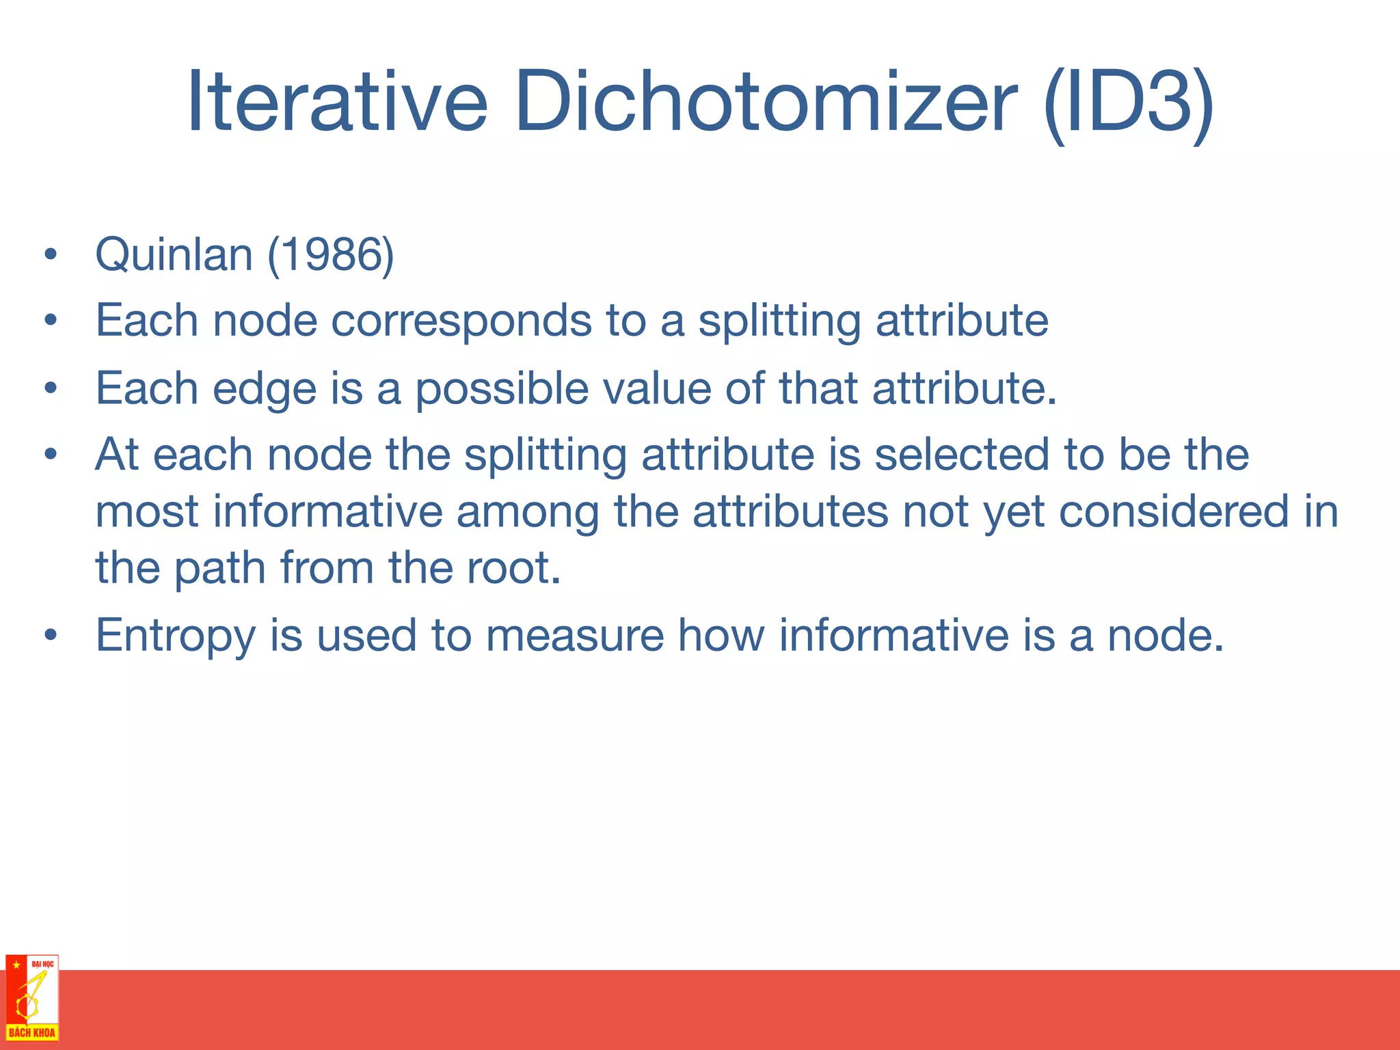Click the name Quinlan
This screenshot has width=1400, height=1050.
coord(174,254)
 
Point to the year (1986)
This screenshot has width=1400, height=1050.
coord(331,254)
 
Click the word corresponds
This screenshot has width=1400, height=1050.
coord(461,321)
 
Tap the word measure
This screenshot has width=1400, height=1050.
coord(574,636)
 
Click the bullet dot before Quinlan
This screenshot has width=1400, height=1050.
coord(50,255)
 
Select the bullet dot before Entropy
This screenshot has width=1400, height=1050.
coord(50,636)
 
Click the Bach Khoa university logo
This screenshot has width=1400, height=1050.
coord(32,997)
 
